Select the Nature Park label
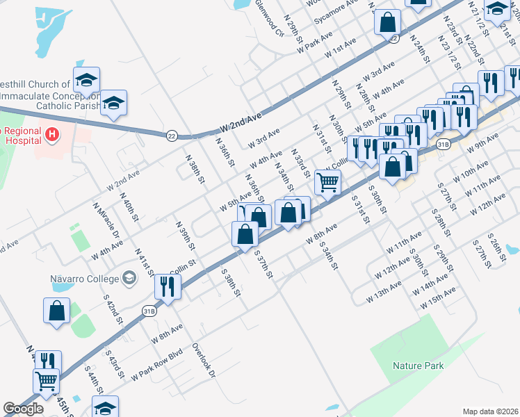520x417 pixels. pos(412,366)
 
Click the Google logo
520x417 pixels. pos(23,409)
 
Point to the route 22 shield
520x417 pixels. pos(172,136)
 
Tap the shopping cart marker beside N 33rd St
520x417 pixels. pos(327,182)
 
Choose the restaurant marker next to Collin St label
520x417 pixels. pos(167,285)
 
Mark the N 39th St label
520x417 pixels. pos(183,236)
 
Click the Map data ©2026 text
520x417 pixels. pos(491,411)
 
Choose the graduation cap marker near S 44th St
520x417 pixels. pos(105,407)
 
